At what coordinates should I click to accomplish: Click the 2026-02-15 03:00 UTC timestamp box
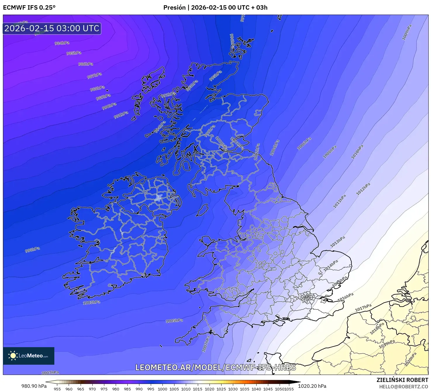(52, 28)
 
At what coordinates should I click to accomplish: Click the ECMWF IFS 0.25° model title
(29, 8)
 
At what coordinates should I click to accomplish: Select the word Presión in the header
(174, 8)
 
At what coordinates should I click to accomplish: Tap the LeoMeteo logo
(29, 356)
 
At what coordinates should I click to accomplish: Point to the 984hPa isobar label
(62, 43)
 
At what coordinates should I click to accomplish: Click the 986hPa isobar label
(86, 64)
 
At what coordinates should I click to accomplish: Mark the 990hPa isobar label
(109, 106)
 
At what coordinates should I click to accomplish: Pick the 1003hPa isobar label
(91, 302)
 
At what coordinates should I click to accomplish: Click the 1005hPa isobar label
(174, 321)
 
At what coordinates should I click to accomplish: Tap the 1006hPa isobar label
(304, 144)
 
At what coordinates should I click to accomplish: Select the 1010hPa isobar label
(357, 152)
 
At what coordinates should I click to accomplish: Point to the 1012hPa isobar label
(363, 189)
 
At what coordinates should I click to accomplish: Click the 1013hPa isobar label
(337, 242)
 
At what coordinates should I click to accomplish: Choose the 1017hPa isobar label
(363, 308)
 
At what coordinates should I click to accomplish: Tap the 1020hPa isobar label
(410, 359)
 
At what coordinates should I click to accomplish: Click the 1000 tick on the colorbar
(162, 389)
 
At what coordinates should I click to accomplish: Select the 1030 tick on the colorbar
(233, 389)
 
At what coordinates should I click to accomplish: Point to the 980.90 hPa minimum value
(34, 386)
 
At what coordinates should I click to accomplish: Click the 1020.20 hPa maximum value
(312, 386)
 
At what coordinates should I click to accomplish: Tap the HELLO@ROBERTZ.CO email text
(404, 387)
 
